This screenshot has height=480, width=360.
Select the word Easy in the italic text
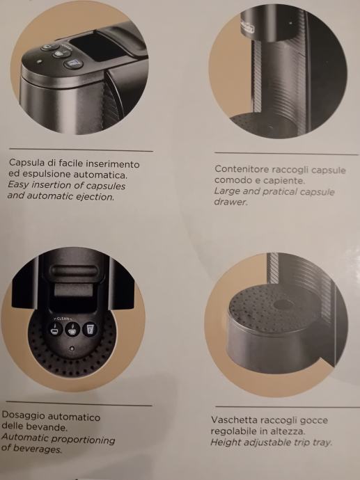(18, 185)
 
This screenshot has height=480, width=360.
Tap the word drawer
(230, 202)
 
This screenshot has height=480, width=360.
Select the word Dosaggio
(23, 416)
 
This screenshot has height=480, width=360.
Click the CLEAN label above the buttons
(63, 319)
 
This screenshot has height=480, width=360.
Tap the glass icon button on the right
(90, 329)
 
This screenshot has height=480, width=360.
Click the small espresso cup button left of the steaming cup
(56, 329)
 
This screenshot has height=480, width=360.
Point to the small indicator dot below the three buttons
(72, 349)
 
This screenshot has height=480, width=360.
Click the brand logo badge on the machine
(247, 29)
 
